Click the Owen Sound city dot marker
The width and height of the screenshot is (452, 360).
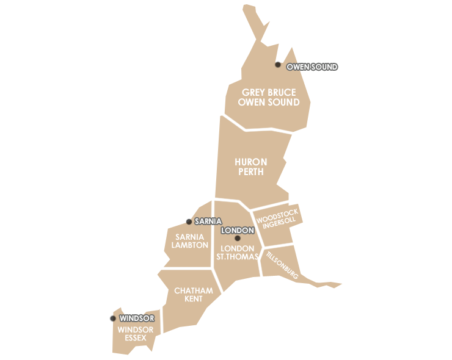point(278,64)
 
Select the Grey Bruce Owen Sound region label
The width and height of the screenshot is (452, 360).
point(269,98)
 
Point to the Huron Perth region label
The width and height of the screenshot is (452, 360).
point(251,167)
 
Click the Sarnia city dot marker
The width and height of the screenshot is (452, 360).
point(188,221)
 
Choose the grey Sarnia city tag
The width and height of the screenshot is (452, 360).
point(207,221)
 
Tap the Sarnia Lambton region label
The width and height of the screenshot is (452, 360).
point(190,240)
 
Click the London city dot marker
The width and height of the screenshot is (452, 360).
point(238,238)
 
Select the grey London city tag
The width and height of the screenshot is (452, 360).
point(237,231)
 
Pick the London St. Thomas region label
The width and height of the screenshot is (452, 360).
point(237,253)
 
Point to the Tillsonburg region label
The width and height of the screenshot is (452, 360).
point(282,265)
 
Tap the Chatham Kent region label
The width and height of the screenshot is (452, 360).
point(194,295)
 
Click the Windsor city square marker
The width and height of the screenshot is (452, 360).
point(112,318)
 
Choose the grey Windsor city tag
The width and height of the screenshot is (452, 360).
point(137,318)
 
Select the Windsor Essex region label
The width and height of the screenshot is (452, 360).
point(136,334)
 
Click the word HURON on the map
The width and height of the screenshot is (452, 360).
point(251,162)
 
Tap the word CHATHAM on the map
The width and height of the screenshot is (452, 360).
point(194,290)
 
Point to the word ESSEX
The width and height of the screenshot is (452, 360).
point(136,338)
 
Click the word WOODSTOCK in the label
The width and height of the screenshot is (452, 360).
point(277,215)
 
